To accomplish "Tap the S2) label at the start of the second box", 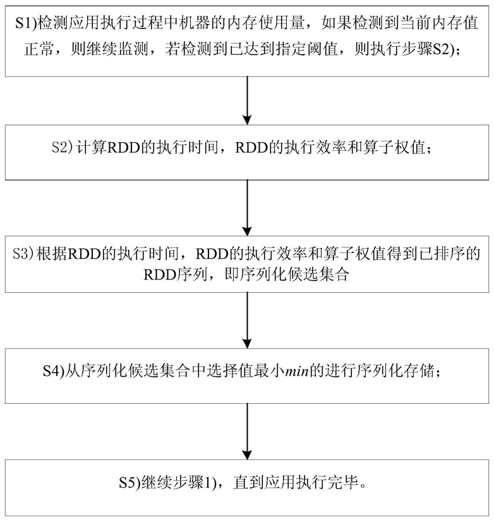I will tap(63, 148).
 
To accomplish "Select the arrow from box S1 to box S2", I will tap(247, 98).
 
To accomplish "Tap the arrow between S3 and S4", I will tap(247, 322).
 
